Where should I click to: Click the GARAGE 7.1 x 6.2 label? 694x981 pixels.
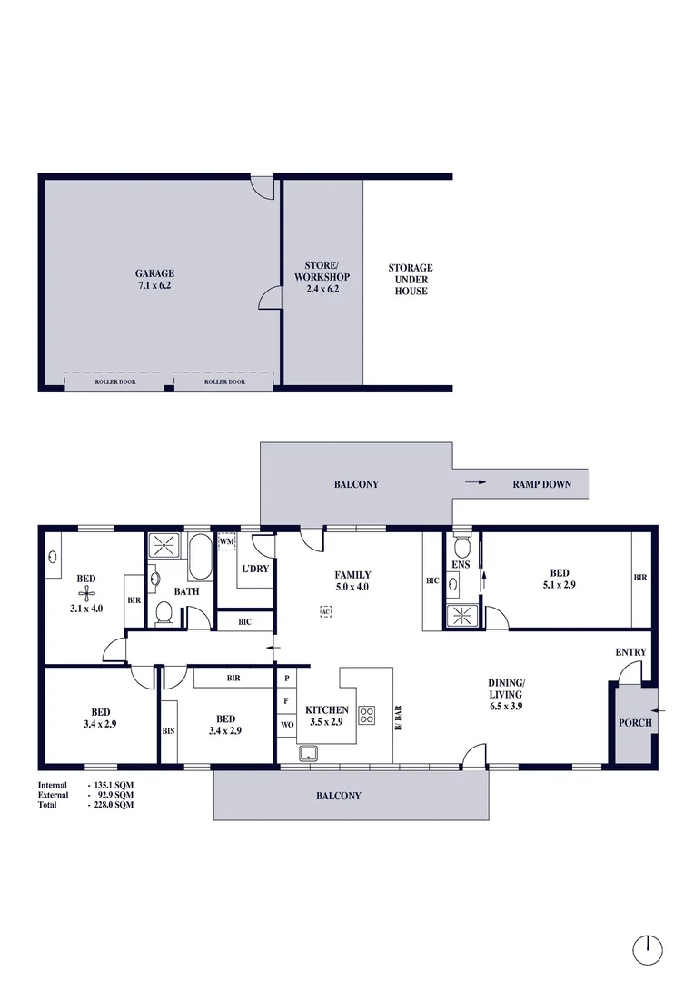[x=154, y=279]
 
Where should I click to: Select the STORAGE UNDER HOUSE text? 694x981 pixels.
[x=411, y=279]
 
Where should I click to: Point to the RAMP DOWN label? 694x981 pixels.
[x=541, y=484]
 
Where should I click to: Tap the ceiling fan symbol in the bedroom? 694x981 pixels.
[x=86, y=594]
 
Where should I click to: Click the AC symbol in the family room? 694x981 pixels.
[x=324, y=611]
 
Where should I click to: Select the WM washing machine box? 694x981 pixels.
[x=227, y=542]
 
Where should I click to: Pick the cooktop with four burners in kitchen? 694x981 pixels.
[x=367, y=715]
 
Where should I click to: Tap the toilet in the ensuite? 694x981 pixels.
[x=461, y=548]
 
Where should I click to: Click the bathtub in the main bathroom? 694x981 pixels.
[x=200, y=558]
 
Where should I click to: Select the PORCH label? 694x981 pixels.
[x=635, y=723]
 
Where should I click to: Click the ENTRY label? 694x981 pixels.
[x=630, y=652]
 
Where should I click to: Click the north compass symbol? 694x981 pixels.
[x=648, y=949]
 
